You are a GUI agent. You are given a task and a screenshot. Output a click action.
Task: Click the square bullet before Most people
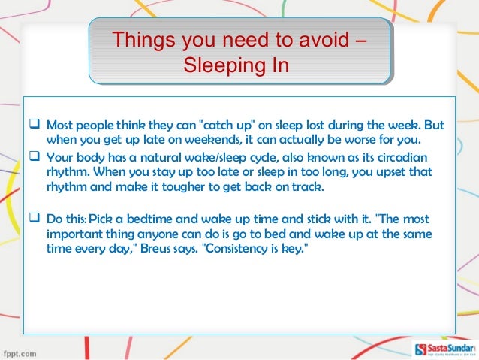[34, 124]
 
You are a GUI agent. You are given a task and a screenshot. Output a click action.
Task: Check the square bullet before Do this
[34, 219]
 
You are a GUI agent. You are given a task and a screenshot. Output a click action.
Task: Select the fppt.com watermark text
[21, 352]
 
